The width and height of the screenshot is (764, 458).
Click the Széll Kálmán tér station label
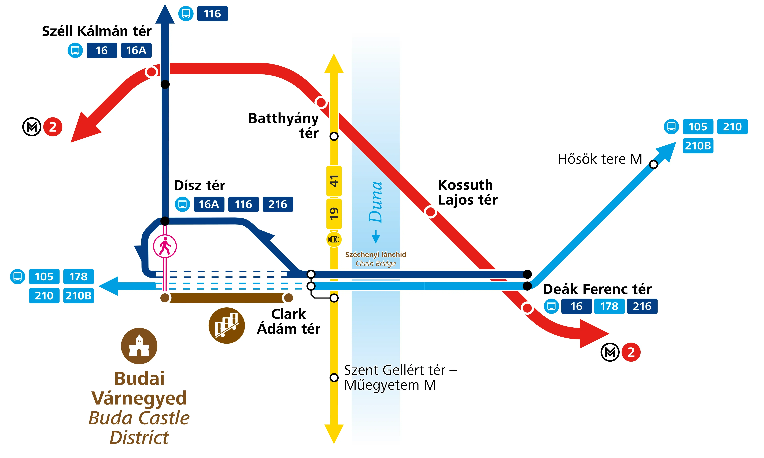[x=97, y=31]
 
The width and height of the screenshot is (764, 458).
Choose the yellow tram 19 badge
[x=334, y=214]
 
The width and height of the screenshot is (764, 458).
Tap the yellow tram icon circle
[x=334, y=239]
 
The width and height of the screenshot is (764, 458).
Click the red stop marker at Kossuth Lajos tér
[x=430, y=212]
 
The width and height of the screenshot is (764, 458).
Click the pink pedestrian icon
[x=165, y=246]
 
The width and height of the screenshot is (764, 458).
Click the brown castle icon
[x=139, y=346]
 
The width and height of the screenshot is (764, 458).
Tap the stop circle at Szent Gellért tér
[x=334, y=377]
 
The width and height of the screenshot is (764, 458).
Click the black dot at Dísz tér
[x=165, y=221]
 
